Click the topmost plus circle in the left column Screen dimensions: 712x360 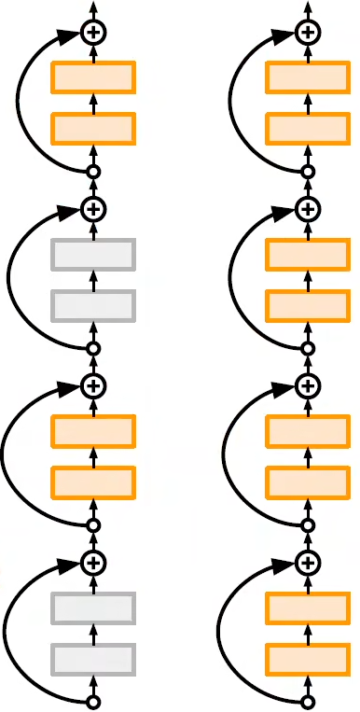[92, 33]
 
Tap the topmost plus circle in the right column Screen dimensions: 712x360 [307, 33]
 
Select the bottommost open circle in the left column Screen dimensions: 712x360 [92, 702]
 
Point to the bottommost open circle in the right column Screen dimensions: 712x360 [307, 702]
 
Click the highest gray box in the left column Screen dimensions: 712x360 [93, 254]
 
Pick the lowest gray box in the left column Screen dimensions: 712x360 [93, 659]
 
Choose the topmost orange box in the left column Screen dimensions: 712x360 [93, 77]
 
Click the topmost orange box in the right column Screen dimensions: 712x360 [308, 77]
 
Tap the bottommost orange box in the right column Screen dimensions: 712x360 [308, 659]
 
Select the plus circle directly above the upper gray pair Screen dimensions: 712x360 [92, 208]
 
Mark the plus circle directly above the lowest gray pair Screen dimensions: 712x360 [92, 562]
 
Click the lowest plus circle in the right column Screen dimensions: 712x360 [307, 562]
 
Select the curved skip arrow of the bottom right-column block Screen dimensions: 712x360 [224, 635]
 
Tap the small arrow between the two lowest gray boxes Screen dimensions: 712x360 [92, 634]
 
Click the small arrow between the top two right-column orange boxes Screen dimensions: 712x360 [307, 102]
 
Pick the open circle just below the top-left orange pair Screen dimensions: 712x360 [92, 172]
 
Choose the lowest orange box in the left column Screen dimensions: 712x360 [93, 482]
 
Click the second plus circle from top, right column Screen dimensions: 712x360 [307, 208]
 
